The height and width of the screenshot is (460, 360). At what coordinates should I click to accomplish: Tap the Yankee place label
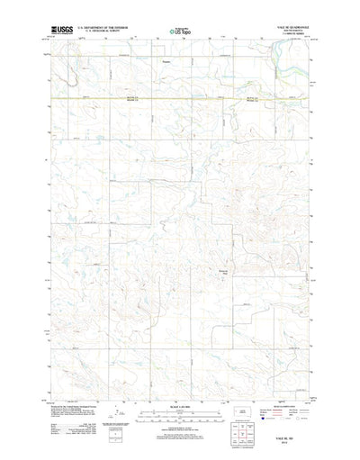point(166,62)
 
